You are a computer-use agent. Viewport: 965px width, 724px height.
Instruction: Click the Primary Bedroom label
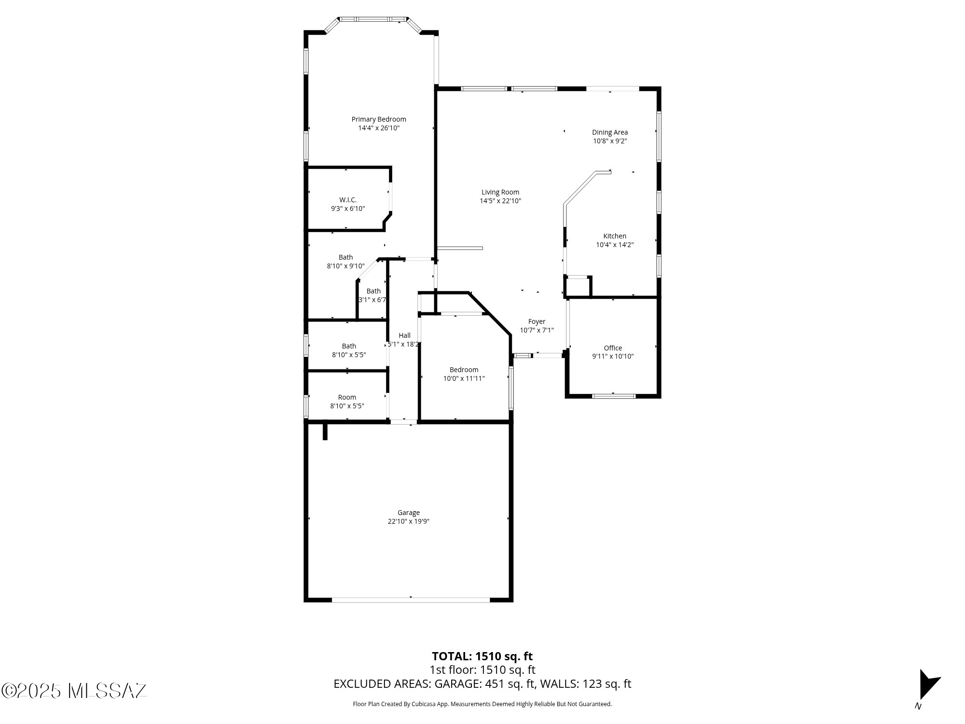[x=379, y=119]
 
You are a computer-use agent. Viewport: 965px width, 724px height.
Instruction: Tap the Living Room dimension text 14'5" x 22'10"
[x=500, y=201]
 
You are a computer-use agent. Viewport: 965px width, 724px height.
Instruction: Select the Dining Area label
[x=610, y=132]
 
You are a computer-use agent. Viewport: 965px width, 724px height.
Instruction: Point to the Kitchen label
[x=615, y=236]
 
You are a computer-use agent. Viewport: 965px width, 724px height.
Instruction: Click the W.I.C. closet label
[x=348, y=200]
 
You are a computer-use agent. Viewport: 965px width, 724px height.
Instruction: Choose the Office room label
[x=613, y=348]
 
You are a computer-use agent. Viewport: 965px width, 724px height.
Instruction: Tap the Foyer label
[x=537, y=321]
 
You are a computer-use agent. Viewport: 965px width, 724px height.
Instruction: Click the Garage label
[x=409, y=513]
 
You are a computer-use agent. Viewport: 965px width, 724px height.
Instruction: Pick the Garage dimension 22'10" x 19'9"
[x=409, y=521]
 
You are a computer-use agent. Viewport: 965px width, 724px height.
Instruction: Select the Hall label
[x=404, y=335]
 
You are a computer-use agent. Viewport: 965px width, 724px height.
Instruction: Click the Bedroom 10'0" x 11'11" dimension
[x=464, y=378]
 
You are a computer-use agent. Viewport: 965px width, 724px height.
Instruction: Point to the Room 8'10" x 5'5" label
[x=347, y=397]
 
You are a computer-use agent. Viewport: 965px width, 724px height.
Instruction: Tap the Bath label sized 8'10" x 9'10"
[x=345, y=257]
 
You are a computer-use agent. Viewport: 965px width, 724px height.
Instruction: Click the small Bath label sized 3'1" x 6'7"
[x=373, y=291]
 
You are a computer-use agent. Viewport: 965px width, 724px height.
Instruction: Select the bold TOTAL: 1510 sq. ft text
[x=482, y=656]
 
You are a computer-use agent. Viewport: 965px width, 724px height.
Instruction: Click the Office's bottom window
[x=614, y=396]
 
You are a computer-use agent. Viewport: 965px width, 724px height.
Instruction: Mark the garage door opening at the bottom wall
[x=411, y=600]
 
